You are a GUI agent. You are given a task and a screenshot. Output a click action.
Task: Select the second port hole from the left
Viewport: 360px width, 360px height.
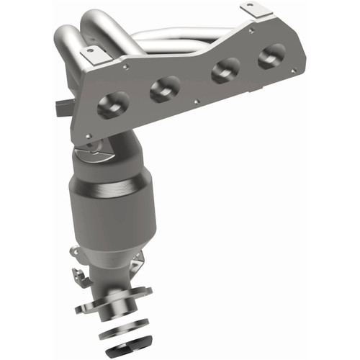[165, 89]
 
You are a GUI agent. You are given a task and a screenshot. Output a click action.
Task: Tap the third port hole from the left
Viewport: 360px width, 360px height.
[225, 71]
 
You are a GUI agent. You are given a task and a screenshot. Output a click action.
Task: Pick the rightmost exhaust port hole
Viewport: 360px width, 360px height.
[271, 55]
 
